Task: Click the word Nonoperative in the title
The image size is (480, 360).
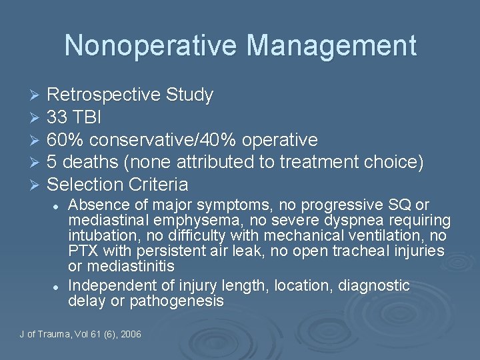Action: [149, 45]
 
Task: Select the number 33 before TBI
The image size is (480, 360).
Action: [57, 118]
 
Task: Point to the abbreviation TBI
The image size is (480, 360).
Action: [88, 118]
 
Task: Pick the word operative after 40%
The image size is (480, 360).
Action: [280, 140]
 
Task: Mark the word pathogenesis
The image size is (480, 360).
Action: [183, 301]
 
